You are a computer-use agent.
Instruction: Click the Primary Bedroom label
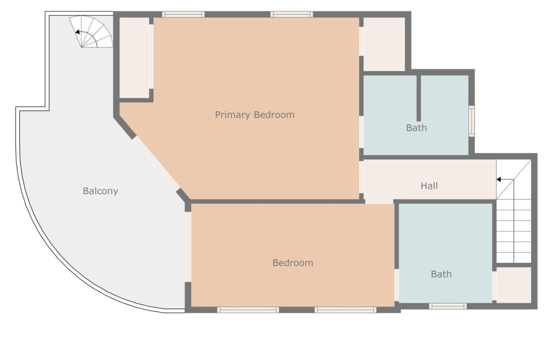click(255, 115)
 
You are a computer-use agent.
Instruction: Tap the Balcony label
click(100, 191)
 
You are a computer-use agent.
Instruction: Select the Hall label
click(429, 186)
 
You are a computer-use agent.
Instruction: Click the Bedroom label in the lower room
click(292, 263)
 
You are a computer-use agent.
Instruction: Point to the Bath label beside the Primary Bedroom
click(416, 128)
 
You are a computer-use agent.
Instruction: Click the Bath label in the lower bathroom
click(441, 274)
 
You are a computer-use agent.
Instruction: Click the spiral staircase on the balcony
click(91, 32)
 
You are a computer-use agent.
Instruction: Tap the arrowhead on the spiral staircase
click(77, 32)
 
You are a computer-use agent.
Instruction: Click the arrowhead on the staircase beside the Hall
click(499, 180)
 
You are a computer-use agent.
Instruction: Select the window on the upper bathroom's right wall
click(471, 121)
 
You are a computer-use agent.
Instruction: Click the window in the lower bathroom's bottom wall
click(448, 306)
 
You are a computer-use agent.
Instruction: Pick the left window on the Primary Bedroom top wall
click(183, 14)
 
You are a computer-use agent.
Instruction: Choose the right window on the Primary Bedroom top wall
click(292, 14)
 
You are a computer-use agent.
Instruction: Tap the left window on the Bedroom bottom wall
click(248, 310)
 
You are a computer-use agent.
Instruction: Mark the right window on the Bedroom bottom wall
click(346, 310)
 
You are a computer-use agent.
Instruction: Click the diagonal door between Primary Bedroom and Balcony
click(156, 164)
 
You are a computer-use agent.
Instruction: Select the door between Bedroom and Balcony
click(188, 246)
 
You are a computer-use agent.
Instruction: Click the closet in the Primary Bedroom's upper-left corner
click(134, 58)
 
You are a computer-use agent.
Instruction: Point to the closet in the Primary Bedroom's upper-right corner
click(384, 44)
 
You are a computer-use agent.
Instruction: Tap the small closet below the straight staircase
click(514, 285)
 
